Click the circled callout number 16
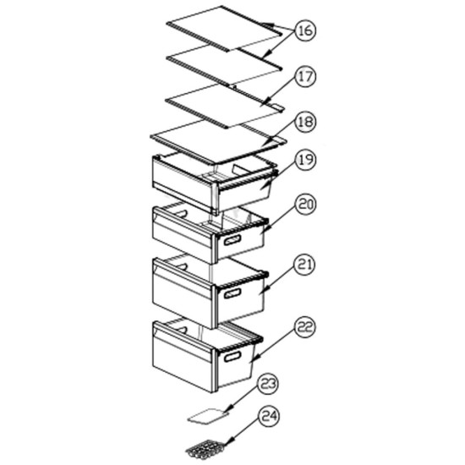[x=305, y=30]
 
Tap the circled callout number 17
[x=305, y=76]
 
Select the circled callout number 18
[x=305, y=122]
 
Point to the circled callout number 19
[x=305, y=160]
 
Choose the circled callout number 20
[x=305, y=205]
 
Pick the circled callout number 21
[x=305, y=265]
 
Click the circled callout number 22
[x=305, y=327]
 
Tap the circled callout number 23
[x=268, y=385]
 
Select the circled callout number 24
[x=269, y=416]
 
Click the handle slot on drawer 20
[x=232, y=239]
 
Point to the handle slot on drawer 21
[x=232, y=293]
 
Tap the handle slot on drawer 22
[x=232, y=356]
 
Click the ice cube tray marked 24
[x=205, y=449]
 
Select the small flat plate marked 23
[x=209, y=416]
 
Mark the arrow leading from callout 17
[x=280, y=91]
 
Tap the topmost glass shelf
[x=224, y=29]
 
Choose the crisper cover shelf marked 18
[x=219, y=143]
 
